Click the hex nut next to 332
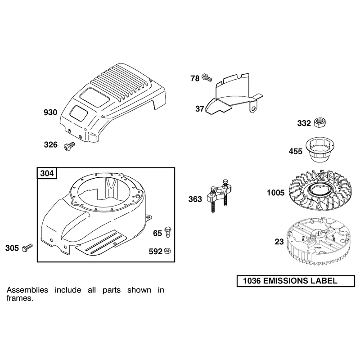(320, 122)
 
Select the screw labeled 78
(207, 77)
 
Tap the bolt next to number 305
(27, 248)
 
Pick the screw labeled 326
(69, 146)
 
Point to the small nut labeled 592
(167, 251)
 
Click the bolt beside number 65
(168, 232)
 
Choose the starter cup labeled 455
(320, 150)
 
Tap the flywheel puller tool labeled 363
(219, 195)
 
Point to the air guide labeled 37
(234, 94)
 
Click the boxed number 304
(47, 173)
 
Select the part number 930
(50, 112)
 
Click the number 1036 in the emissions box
(252, 281)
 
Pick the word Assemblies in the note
(27, 290)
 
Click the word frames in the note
(20, 298)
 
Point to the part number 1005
(275, 193)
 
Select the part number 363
(195, 199)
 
